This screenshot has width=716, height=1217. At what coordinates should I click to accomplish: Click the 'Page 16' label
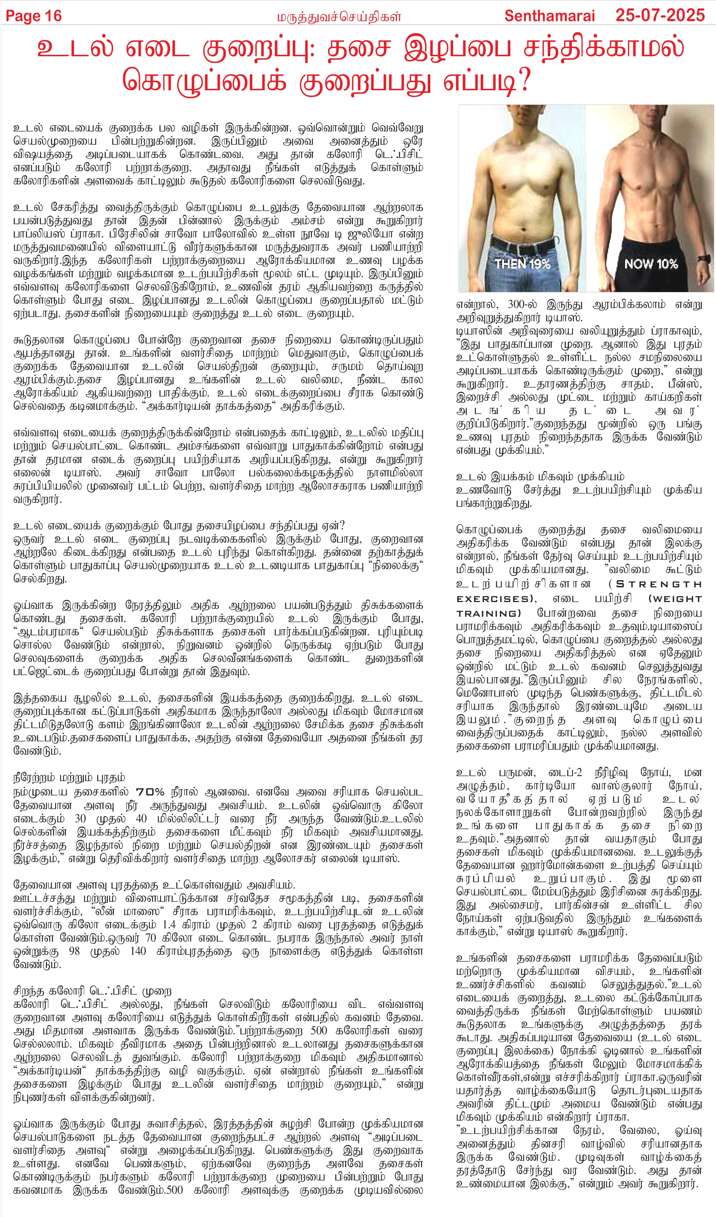(34, 16)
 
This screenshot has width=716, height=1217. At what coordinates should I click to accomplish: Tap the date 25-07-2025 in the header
(660, 15)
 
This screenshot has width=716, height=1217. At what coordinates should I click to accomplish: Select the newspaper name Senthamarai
(550, 16)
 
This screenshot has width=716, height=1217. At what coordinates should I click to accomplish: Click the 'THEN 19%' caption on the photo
(522, 264)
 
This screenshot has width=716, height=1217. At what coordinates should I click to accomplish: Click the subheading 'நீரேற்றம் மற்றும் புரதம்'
(69, 778)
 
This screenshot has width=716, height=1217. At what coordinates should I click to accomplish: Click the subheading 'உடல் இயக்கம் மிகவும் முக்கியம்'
(540, 477)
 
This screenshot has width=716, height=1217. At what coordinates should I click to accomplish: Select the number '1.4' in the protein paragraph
(169, 925)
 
